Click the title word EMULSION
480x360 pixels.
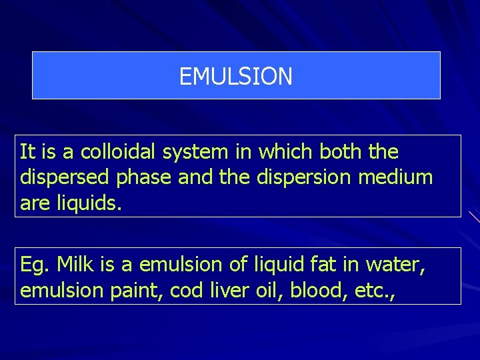[236, 77]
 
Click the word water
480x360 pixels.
[396, 265]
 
